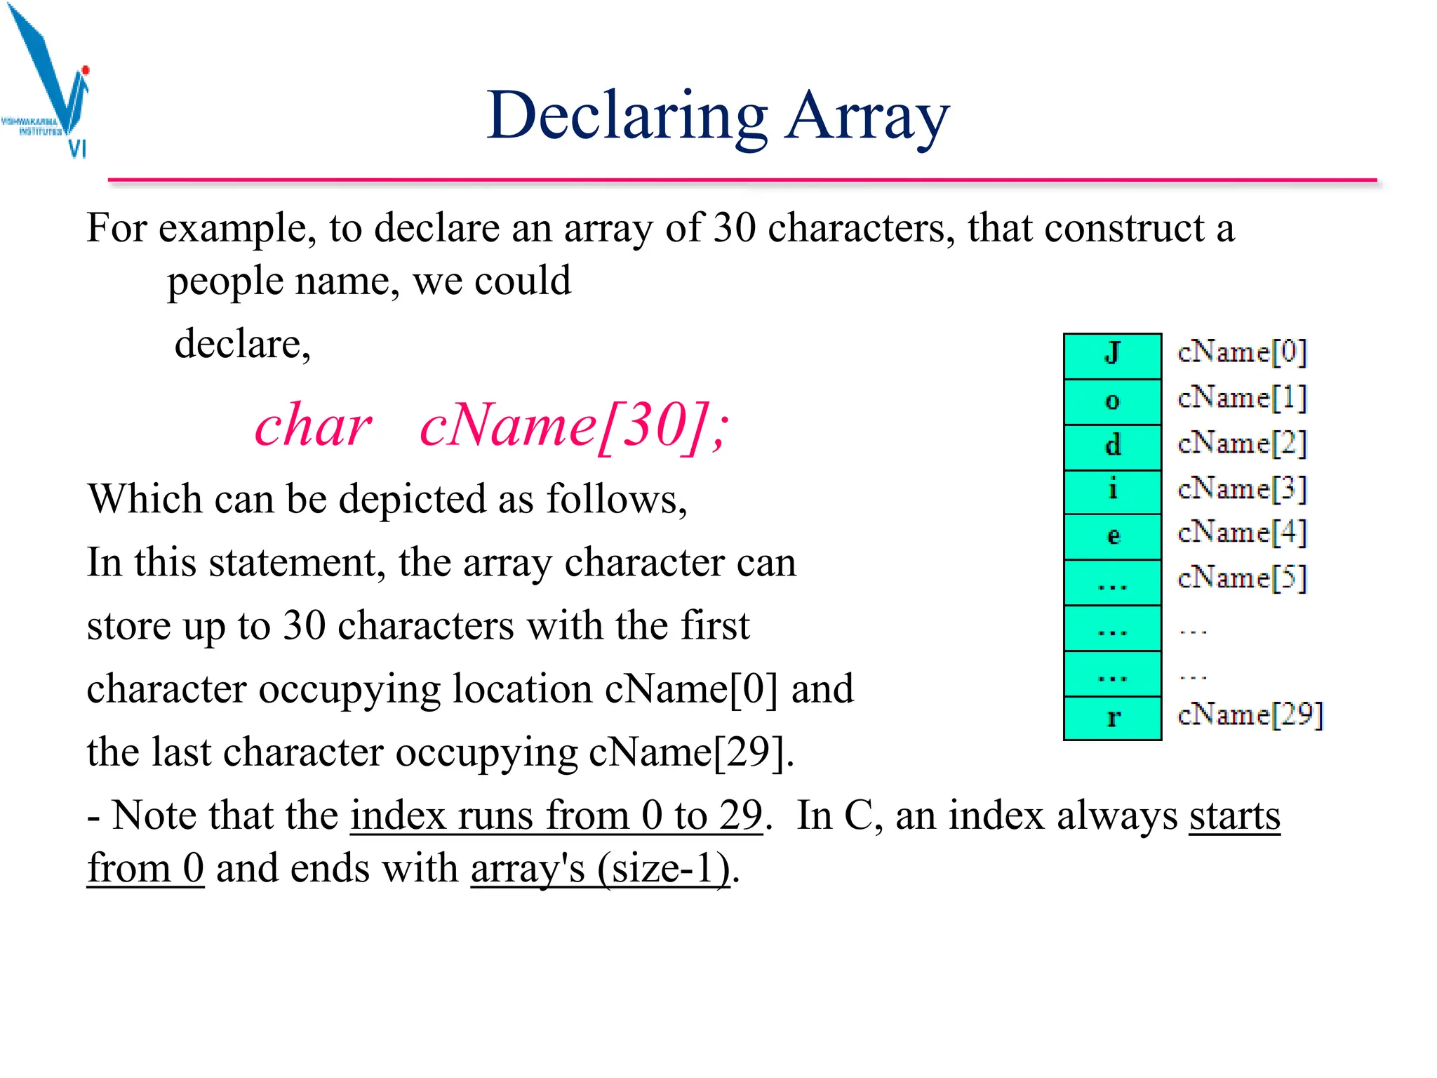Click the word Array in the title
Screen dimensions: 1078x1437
(x=867, y=117)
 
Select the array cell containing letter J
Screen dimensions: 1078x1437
(x=1112, y=356)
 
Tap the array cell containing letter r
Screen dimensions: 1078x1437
(x=1112, y=718)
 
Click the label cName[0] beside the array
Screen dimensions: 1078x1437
(x=1241, y=352)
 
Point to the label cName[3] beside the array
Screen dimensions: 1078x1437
(x=1241, y=489)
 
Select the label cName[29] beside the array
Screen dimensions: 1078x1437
(x=1250, y=715)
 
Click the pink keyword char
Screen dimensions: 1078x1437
(x=313, y=426)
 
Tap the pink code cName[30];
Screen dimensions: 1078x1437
(x=574, y=426)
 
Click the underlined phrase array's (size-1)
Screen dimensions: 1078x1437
(x=600, y=869)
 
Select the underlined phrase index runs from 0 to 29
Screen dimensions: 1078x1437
(x=556, y=816)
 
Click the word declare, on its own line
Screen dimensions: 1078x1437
(x=242, y=345)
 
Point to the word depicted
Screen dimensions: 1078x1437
(x=413, y=499)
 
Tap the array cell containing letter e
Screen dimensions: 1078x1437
(x=1112, y=537)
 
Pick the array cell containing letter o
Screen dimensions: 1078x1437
(x=1112, y=401)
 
